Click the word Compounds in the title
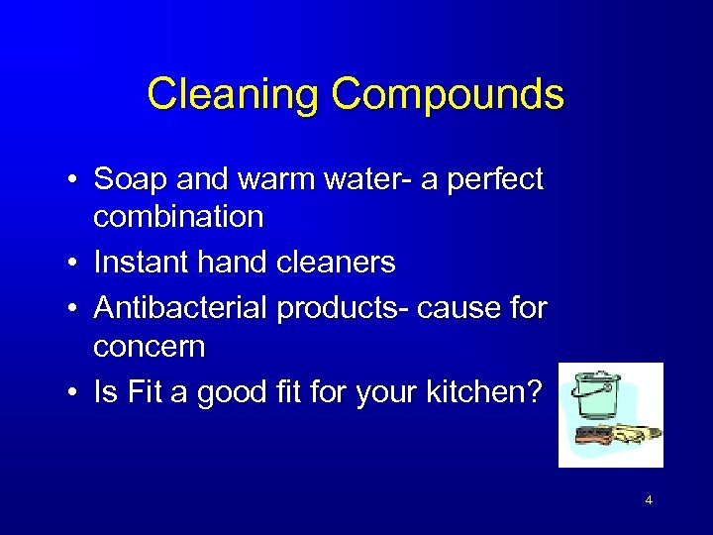(448, 96)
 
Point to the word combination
(178, 216)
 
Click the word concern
(150, 347)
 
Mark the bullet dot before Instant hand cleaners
(73, 264)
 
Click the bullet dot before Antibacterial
(73, 309)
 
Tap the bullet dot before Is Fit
(73, 394)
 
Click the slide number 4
(649, 500)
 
